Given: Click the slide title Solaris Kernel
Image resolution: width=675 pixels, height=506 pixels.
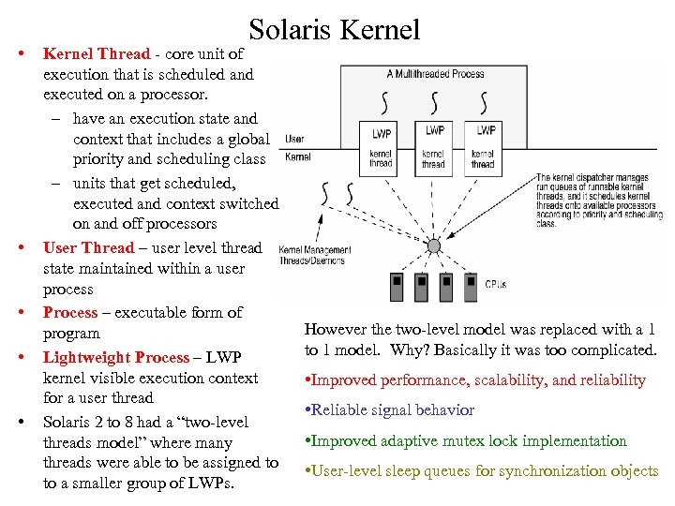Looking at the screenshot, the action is click(x=335, y=30).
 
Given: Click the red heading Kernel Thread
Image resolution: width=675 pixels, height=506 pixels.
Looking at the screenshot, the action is click(x=90, y=54).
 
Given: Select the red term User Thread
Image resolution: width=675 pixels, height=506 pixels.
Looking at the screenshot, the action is click(x=89, y=247).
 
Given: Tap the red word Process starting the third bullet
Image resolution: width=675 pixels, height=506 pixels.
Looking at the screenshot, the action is click(x=70, y=312).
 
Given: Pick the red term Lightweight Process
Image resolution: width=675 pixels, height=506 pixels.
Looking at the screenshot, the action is click(x=116, y=357).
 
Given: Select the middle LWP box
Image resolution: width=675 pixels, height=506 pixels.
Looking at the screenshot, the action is click(x=434, y=130).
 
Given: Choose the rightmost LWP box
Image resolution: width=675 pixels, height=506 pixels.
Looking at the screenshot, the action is click(x=485, y=130).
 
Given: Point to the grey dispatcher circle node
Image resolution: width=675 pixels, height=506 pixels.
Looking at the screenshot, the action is click(x=433, y=246).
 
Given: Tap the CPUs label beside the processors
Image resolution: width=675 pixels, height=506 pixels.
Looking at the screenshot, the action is click(x=496, y=283).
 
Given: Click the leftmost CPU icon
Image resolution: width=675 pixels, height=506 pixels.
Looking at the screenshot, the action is click(x=397, y=282).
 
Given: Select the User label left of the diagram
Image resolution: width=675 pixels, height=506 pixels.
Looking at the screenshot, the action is click(x=294, y=139).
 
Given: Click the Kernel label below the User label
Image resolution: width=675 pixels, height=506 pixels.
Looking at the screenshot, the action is click(x=297, y=156).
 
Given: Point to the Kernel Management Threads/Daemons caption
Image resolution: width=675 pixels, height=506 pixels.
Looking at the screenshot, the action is click(x=315, y=255).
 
